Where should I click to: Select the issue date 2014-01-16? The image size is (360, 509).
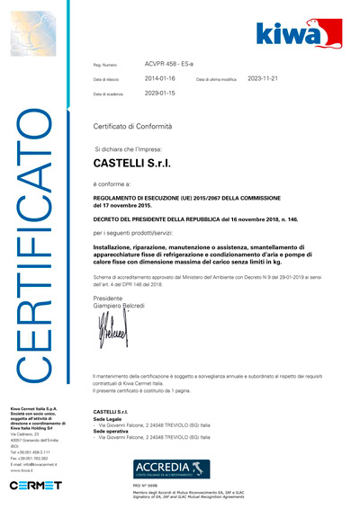pyautogui.click(x=162, y=78)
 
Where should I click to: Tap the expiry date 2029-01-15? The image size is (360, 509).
pyautogui.click(x=162, y=93)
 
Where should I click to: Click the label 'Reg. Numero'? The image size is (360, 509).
pyautogui.click(x=105, y=65)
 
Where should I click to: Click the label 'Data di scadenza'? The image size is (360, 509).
pyautogui.click(x=112, y=94)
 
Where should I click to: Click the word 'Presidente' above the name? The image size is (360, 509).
pyautogui.click(x=108, y=299)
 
